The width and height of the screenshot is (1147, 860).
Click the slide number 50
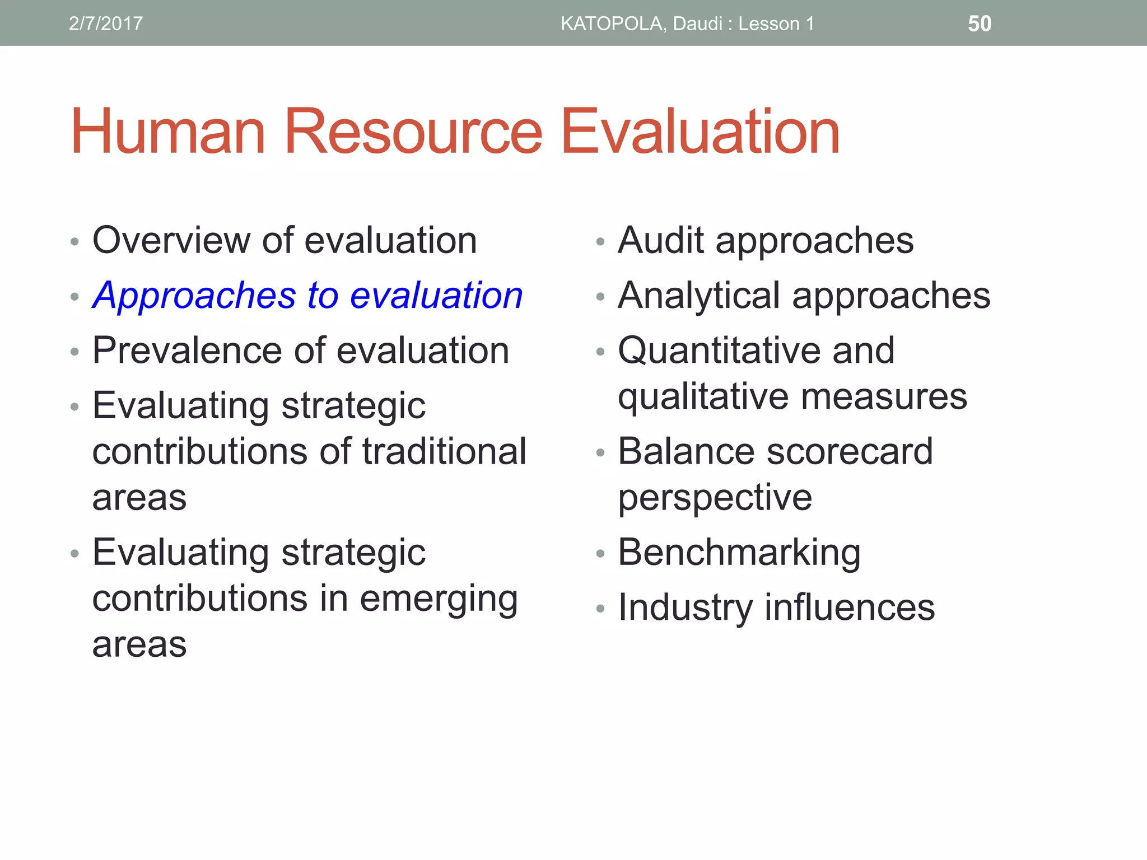pyautogui.click(x=980, y=24)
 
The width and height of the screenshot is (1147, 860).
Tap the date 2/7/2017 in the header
pyautogui.click(x=106, y=24)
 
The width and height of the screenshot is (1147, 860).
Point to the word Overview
pyautogui.click(x=171, y=240)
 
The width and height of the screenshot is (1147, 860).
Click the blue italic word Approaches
pyautogui.click(x=194, y=295)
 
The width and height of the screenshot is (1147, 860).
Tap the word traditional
pyautogui.click(x=444, y=451)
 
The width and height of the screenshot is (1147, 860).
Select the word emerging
pyautogui.click(x=439, y=599)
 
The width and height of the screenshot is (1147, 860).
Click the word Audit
pyautogui.click(x=660, y=240)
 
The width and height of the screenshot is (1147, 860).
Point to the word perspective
pyautogui.click(x=715, y=497)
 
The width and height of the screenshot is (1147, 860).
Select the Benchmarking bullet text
pyautogui.click(x=739, y=553)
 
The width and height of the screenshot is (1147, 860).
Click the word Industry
pyautogui.click(x=685, y=607)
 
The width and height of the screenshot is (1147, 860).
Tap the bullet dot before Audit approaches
pyautogui.click(x=600, y=242)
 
